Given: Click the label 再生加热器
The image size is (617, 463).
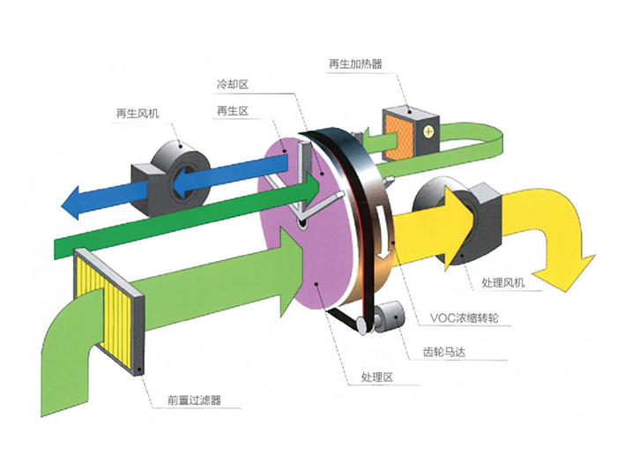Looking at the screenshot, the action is (x=355, y=63).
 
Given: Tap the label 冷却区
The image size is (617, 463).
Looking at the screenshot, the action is (x=233, y=84).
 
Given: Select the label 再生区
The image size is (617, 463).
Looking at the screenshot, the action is (x=233, y=111).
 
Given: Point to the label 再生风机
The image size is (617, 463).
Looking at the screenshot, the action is (x=138, y=114).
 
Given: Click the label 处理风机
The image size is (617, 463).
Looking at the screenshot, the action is (x=503, y=282).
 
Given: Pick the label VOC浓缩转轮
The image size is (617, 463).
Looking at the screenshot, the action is (x=465, y=317).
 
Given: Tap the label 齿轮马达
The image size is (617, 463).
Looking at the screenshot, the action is (x=444, y=352).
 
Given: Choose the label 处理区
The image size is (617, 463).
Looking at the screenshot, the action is (x=377, y=377).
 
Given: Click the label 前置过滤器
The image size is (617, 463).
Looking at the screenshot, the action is (x=195, y=400).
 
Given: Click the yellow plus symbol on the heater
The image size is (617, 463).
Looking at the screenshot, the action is (x=428, y=131).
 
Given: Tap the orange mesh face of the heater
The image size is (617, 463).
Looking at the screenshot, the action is (x=398, y=136).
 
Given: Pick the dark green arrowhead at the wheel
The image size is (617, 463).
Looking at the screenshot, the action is (x=311, y=188).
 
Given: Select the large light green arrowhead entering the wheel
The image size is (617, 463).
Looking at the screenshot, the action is (x=293, y=272).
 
